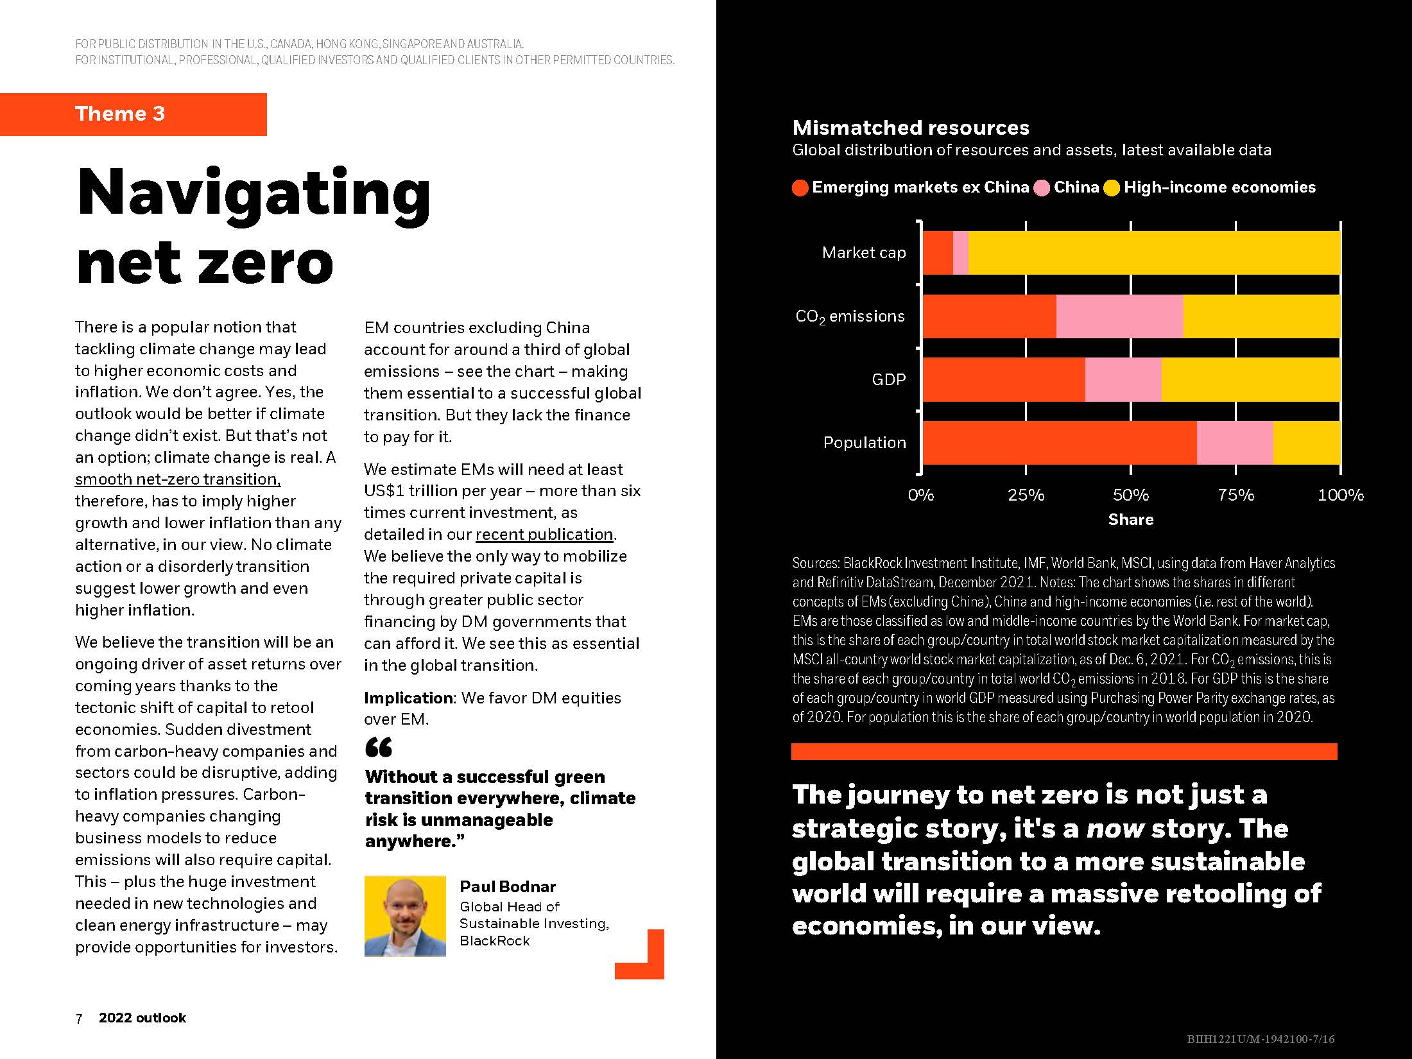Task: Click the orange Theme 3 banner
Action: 133,114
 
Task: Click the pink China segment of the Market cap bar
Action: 960,253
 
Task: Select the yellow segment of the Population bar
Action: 1306,443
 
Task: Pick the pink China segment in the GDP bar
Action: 1123,380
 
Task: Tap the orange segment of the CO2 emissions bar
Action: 989,316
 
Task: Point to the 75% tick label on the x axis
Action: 1235,495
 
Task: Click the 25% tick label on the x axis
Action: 1026,495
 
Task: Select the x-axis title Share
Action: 1130,519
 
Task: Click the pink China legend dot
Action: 1042,188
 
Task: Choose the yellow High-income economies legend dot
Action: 1112,188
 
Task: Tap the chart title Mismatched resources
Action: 910,128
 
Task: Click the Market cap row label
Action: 863,253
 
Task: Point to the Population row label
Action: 864,443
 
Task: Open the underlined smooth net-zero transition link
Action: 178,479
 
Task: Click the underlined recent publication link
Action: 544,535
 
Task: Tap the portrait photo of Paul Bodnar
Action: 405,916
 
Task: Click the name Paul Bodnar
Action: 507,887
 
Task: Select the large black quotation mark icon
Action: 379,747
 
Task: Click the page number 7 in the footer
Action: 79,1019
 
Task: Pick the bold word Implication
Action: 409,698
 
